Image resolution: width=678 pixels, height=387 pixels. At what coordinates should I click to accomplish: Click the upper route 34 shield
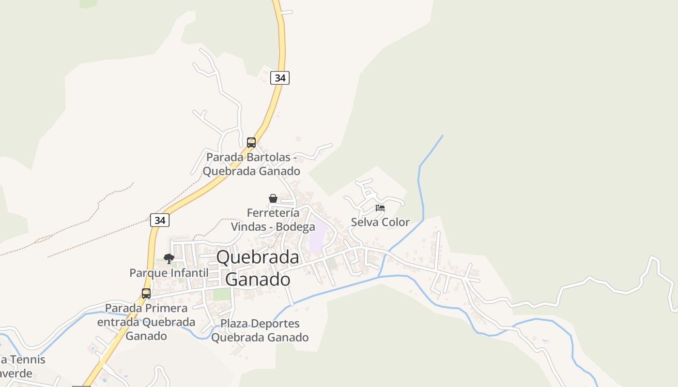tap(280, 77)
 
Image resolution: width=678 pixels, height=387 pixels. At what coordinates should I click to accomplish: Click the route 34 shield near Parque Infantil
tap(160, 220)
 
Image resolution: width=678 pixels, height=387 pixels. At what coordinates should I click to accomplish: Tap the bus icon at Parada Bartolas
tap(251, 142)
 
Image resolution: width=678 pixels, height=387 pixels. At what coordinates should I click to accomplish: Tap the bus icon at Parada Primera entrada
tap(146, 293)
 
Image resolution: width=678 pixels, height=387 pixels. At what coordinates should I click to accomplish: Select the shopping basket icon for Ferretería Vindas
tap(273, 198)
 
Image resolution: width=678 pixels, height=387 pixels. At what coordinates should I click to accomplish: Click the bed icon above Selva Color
tap(380, 208)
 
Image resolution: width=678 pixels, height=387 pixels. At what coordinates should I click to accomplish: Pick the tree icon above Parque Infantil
tap(169, 259)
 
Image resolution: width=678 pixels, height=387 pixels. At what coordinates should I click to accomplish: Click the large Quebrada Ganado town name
tap(258, 268)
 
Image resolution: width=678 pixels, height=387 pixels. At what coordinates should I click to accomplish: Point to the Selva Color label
tap(380, 223)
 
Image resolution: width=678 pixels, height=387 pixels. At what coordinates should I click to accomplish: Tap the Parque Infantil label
tap(169, 273)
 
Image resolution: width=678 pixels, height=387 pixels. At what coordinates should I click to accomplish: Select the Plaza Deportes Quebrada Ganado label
tap(260, 330)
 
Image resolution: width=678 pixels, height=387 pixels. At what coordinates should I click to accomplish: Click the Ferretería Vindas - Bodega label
tap(273, 220)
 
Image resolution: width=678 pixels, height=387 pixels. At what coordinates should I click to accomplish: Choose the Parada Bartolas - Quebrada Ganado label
tap(251, 164)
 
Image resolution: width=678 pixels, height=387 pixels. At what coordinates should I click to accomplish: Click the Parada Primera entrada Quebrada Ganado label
tap(146, 322)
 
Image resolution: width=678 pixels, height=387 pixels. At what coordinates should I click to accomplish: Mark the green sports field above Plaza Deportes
tap(222, 294)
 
